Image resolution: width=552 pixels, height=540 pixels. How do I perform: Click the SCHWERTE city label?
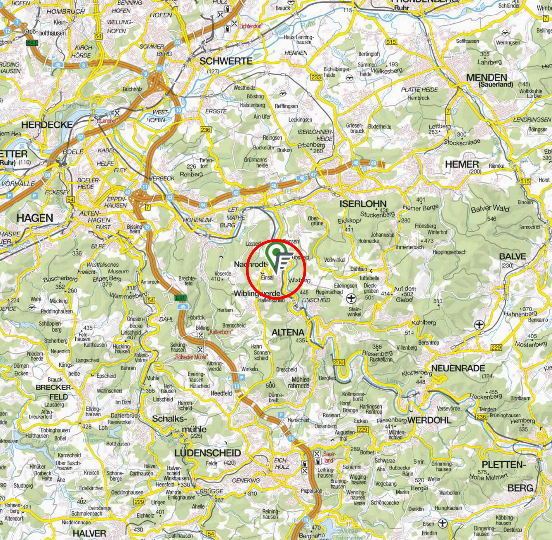(226, 61)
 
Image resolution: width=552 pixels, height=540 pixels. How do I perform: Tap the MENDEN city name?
(487, 78)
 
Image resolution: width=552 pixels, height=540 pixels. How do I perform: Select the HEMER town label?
(462, 164)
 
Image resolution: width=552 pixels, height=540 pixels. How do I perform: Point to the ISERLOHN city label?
(363, 204)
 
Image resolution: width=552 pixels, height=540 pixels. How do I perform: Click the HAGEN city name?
(35, 218)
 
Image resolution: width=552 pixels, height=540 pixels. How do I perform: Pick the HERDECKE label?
(47, 125)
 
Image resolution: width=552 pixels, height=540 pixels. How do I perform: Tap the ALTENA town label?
(288, 332)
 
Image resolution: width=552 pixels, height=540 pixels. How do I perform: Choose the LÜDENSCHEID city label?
(208, 453)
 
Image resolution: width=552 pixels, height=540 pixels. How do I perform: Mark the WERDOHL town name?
(429, 420)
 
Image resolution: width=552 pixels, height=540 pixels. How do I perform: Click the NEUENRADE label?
(458, 368)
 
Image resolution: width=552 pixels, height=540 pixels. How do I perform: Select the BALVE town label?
(512, 257)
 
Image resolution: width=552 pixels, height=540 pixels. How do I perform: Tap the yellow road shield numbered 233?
(316, 77)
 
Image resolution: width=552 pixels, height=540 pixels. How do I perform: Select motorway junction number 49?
(374, 163)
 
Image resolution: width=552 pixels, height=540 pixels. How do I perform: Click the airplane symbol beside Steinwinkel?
(351, 298)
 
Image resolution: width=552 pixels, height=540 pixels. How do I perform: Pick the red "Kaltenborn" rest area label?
(221, 332)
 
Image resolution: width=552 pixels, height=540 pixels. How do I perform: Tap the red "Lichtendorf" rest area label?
(250, 27)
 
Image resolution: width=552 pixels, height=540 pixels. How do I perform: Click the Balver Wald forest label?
(490, 209)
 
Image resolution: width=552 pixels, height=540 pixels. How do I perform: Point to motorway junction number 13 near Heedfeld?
(237, 386)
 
